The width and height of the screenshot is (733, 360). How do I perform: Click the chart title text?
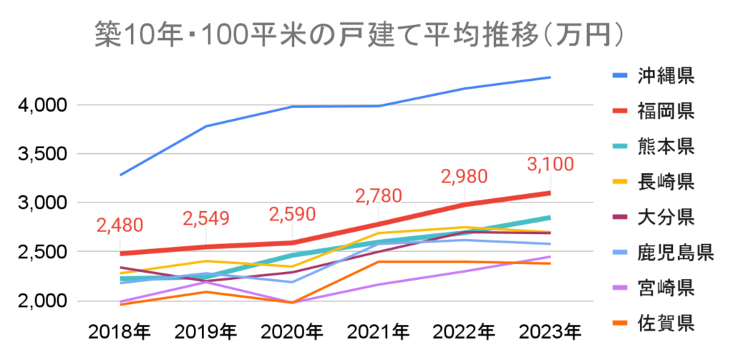point(364,34)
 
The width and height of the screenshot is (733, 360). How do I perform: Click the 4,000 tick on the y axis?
point(42,105)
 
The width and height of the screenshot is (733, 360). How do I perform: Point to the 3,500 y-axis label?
point(42,154)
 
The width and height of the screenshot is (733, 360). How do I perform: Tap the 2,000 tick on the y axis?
point(42,301)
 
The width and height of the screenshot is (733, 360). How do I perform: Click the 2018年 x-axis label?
point(120,331)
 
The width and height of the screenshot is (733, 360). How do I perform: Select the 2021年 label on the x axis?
point(378,331)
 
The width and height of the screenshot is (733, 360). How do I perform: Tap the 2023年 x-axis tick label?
point(550,331)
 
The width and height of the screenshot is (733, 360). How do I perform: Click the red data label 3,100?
point(550,165)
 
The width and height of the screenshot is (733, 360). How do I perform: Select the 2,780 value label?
point(378,195)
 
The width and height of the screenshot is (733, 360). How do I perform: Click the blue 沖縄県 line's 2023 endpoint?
point(550,77)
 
